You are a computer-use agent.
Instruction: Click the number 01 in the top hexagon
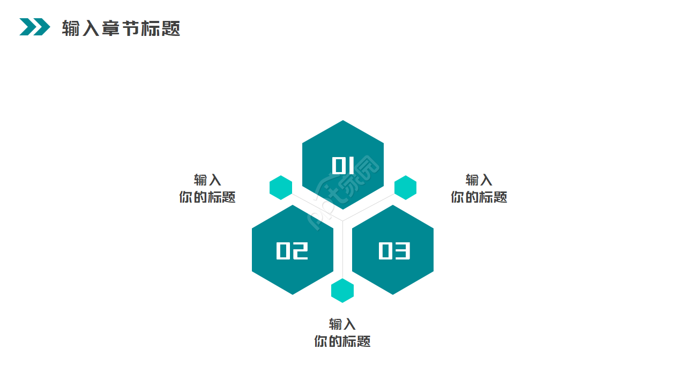(x=343, y=165)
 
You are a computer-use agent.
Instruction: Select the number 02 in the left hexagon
(x=292, y=250)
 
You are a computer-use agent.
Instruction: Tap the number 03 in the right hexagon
(x=394, y=250)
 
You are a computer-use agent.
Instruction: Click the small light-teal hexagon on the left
(x=281, y=188)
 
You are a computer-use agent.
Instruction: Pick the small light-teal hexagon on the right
(x=406, y=188)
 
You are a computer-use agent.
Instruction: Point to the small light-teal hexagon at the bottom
(x=342, y=291)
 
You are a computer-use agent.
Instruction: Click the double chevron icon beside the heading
(x=35, y=27)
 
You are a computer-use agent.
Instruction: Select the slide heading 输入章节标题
(x=121, y=28)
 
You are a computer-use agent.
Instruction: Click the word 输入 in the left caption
(x=207, y=180)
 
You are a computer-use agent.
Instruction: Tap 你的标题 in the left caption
(x=207, y=197)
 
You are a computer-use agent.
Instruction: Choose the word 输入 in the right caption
(x=479, y=180)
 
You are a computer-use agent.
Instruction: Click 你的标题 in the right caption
(x=479, y=197)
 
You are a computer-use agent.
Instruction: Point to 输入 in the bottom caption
(x=342, y=324)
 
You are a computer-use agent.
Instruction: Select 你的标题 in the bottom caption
(x=342, y=342)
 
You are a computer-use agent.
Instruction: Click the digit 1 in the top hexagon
(x=351, y=165)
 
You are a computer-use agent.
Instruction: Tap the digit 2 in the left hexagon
(x=301, y=250)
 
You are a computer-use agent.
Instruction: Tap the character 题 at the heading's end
(x=171, y=28)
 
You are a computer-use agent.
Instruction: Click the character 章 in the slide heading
(x=111, y=28)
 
